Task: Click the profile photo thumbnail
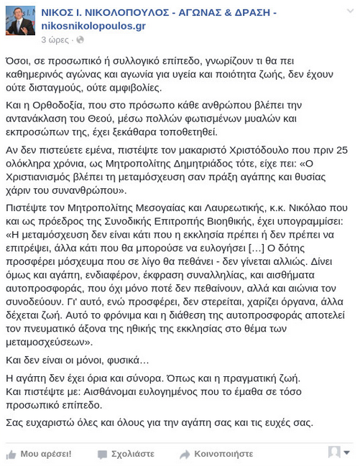(20, 20)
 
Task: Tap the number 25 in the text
(341, 149)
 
